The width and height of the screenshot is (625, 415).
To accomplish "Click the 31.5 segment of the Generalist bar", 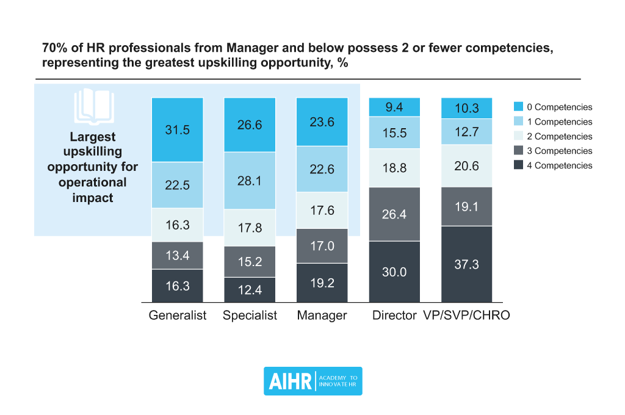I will (177, 129).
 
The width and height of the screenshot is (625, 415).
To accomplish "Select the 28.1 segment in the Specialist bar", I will (250, 180).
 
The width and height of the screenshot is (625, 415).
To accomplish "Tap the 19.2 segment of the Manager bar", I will (322, 283).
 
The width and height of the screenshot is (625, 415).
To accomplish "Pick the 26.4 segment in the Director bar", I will (394, 214).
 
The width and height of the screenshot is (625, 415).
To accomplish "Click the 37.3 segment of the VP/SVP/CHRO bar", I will (467, 264).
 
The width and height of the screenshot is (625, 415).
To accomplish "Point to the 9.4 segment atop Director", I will (394, 107).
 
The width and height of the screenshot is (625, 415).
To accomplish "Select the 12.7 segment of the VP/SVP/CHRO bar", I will (467, 131).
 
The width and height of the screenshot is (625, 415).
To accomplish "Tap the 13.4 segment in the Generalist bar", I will (177, 255).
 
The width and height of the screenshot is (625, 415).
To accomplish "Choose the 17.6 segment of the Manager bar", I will (322, 210).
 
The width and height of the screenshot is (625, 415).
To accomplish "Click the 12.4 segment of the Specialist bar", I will (250, 290).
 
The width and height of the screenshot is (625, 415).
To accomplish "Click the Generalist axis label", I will (178, 316).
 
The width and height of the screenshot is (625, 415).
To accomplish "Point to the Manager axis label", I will (322, 316).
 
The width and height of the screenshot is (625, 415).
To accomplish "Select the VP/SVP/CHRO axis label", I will (466, 316).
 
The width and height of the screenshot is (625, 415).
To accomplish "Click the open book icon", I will (93, 107).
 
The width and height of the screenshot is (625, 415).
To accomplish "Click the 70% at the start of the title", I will (54, 49).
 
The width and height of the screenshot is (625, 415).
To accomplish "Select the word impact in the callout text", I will (93, 198).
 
